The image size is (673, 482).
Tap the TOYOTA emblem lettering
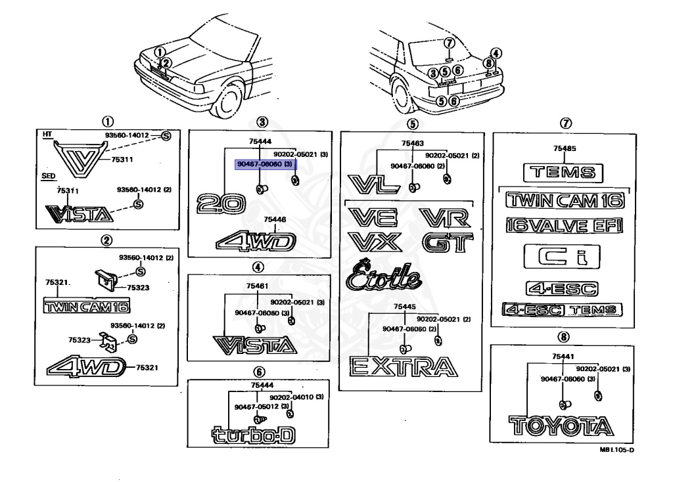click(560, 425)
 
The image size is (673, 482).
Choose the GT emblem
click(448, 243)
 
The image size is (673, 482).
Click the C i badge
click(562, 257)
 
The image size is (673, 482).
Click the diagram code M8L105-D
click(616, 450)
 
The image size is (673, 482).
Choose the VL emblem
click(373, 183)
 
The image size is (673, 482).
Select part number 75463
click(413, 142)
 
